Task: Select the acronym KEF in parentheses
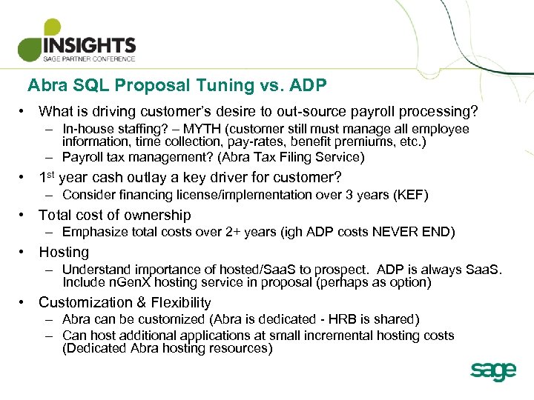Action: pos(408,195)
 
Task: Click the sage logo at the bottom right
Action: pos(492,371)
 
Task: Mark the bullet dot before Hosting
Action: pos(24,252)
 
